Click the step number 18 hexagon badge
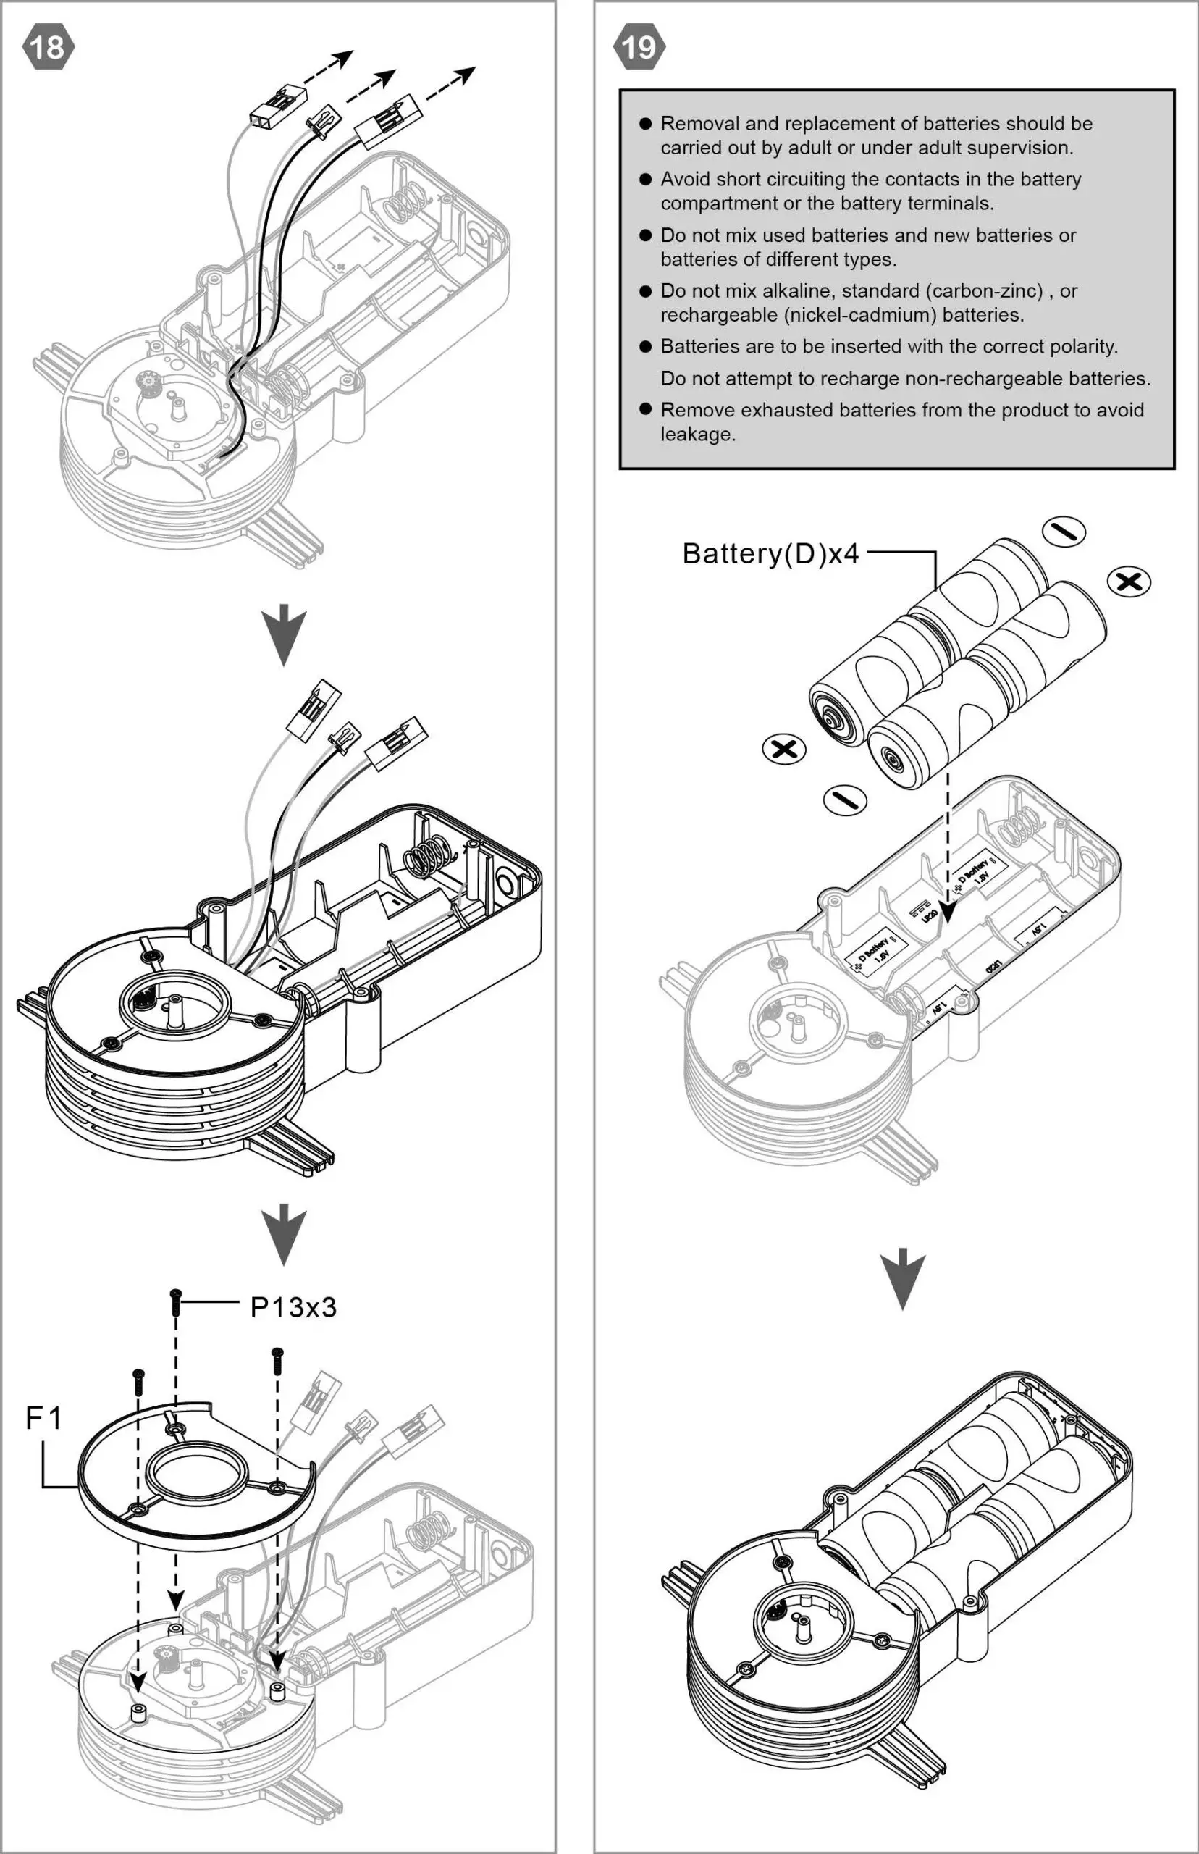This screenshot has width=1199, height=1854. click(x=49, y=47)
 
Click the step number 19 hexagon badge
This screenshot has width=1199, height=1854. click(x=639, y=47)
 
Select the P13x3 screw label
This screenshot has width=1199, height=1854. click(x=293, y=1307)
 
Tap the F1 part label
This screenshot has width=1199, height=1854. click(x=43, y=1418)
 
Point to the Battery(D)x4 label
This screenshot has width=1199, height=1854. click(x=770, y=553)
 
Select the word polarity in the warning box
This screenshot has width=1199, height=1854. click(x=1083, y=346)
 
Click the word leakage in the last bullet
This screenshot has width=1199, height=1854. click(x=697, y=435)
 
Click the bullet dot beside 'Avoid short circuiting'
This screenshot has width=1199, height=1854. click(x=645, y=179)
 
